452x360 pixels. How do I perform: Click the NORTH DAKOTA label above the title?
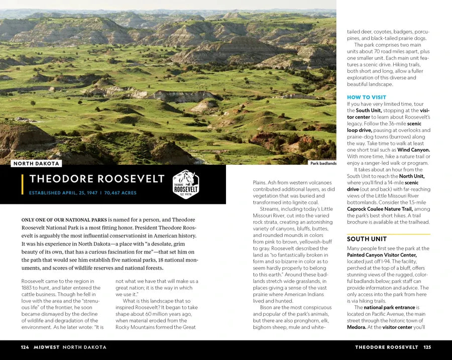tap(37, 163)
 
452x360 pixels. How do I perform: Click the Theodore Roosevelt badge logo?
tap(186, 184)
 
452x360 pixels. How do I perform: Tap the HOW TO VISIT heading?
tap(367, 97)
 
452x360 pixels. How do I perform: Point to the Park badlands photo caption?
tap(323, 163)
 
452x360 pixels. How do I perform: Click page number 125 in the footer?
tap(427, 347)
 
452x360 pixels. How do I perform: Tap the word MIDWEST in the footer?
tap(46, 347)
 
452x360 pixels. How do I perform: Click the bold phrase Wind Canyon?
tap(413, 150)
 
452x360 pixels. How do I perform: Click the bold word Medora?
tap(356, 327)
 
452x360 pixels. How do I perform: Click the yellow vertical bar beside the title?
tap(23, 184)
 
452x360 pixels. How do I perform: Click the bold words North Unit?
tap(411, 176)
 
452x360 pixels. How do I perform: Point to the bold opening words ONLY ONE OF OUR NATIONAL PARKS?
tap(63, 220)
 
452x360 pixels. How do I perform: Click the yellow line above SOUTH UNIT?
tap(388, 234)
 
